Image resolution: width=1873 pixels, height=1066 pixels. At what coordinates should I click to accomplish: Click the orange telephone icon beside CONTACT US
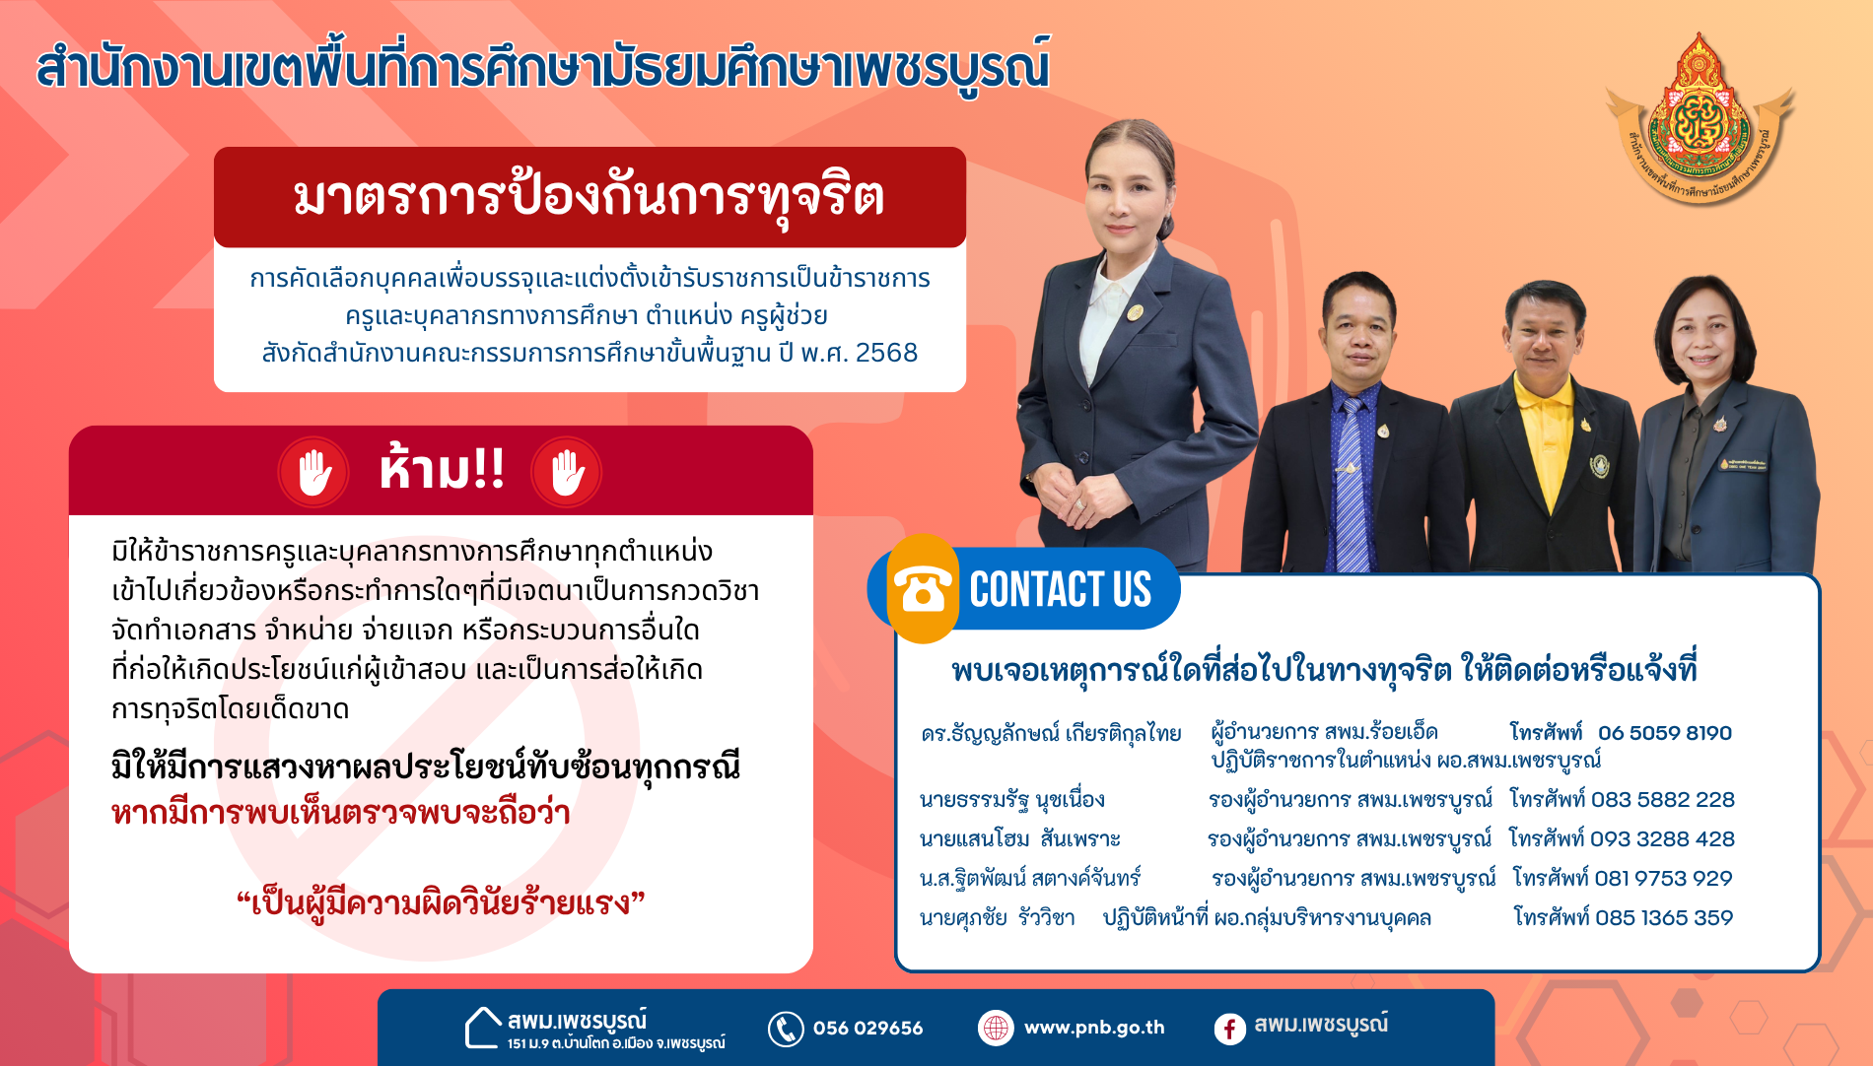pyautogui.click(x=922, y=589)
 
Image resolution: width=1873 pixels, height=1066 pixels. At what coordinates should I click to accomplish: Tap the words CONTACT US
pyautogui.click(x=1060, y=589)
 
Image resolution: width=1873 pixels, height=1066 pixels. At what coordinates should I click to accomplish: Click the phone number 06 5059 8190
pyautogui.click(x=1664, y=733)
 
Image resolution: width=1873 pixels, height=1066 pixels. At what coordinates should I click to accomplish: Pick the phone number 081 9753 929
pyautogui.click(x=1663, y=879)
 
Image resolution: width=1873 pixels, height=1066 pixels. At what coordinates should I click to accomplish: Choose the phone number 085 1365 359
pyautogui.click(x=1664, y=918)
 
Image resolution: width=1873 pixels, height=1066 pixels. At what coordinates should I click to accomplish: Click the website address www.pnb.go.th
pyautogui.click(x=1094, y=1028)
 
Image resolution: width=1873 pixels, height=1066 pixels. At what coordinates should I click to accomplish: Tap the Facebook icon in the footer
pyautogui.click(x=1229, y=1030)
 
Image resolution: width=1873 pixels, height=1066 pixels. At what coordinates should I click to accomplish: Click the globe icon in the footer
pyautogui.click(x=996, y=1028)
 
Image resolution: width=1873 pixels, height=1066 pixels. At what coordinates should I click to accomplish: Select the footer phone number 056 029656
pyautogui.click(x=867, y=1029)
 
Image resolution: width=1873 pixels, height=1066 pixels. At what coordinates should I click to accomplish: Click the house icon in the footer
pyautogui.click(x=483, y=1028)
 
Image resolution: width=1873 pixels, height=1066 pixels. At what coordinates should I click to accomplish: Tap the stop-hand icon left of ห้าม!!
pyautogui.click(x=313, y=472)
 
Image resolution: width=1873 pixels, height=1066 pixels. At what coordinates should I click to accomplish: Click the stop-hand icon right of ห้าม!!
pyautogui.click(x=567, y=472)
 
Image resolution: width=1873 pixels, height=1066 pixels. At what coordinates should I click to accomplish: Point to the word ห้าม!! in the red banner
pyautogui.click(x=442, y=468)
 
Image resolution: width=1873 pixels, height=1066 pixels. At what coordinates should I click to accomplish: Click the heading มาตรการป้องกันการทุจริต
pyautogui.click(x=589, y=195)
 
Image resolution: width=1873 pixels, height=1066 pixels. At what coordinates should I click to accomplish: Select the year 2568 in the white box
pyautogui.click(x=886, y=353)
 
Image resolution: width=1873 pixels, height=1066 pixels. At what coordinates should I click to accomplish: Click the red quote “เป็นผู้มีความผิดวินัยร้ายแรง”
pyautogui.click(x=441, y=902)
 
